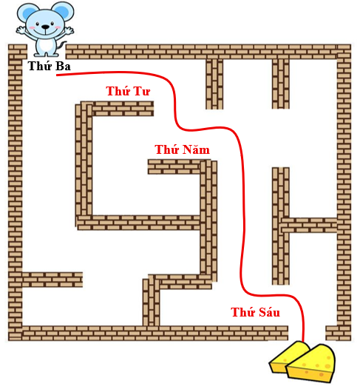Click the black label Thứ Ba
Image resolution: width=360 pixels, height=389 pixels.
click(x=49, y=66)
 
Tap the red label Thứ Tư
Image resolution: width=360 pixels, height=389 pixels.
click(x=128, y=91)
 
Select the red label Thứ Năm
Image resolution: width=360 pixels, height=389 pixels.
click(x=183, y=149)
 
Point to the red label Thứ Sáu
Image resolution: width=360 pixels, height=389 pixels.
click(x=255, y=311)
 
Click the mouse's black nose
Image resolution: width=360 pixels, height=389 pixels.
click(x=45, y=27)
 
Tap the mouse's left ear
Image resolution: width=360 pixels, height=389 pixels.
click(x=26, y=12)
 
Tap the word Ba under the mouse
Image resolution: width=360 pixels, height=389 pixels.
click(x=63, y=66)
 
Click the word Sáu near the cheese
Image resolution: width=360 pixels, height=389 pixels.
click(x=268, y=311)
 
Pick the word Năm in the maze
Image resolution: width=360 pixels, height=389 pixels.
click(x=196, y=149)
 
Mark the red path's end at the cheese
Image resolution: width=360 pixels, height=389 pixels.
click(x=303, y=342)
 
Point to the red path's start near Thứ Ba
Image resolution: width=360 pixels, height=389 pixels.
click(x=57, y=75)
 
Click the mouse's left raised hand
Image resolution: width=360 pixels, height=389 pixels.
click(x=21, y=30)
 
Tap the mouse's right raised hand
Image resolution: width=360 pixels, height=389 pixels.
click(x=69, y=30)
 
